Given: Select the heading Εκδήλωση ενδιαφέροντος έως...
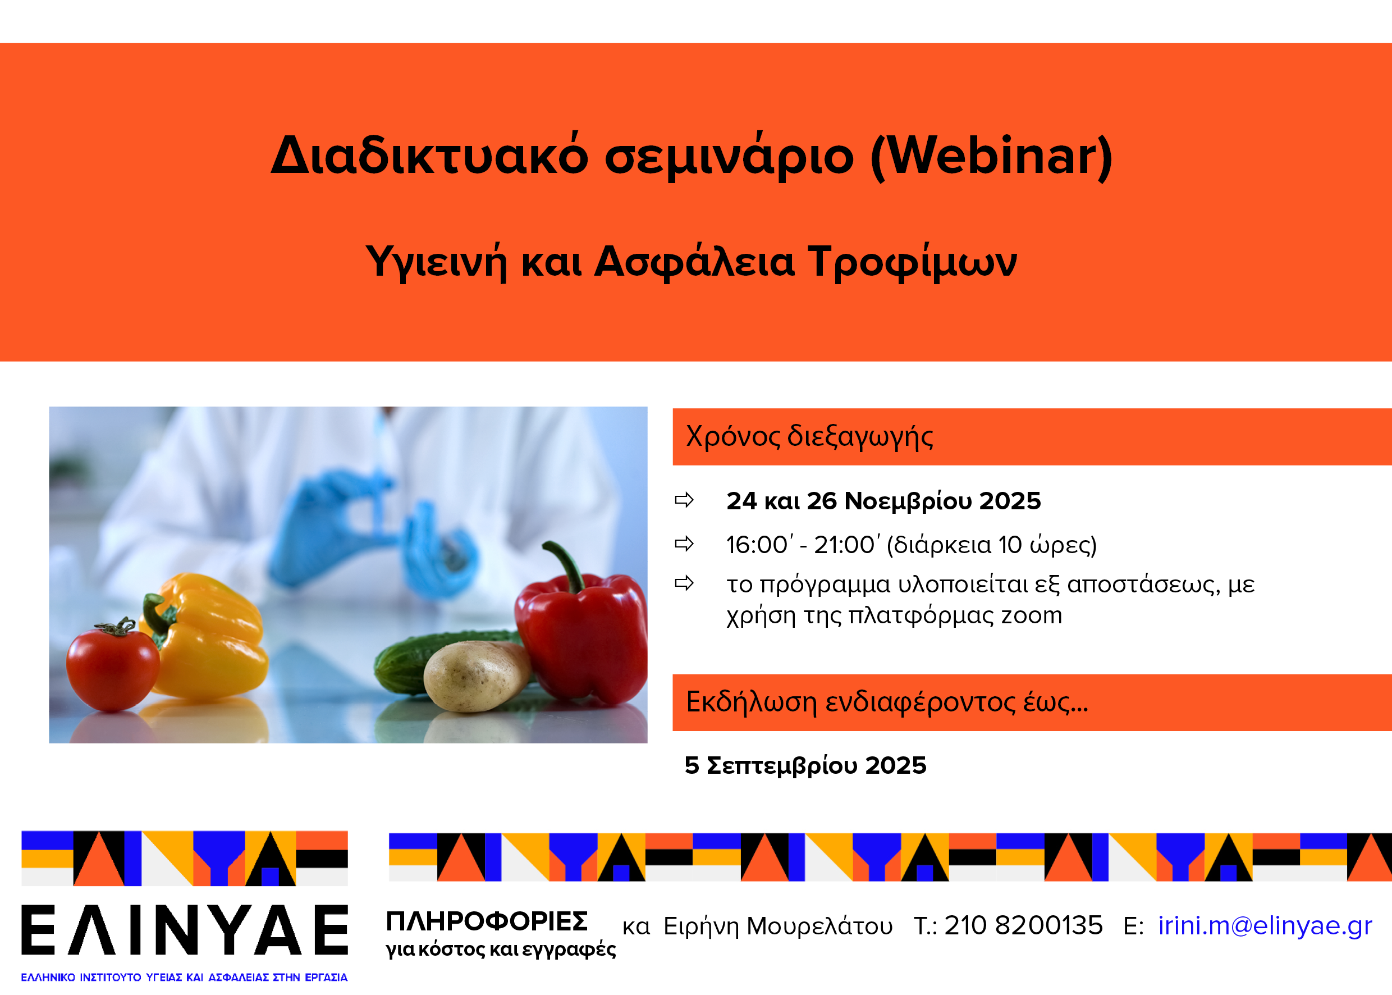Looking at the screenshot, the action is [x=887, y=702].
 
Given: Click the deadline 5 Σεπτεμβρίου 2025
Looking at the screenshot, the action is [x=805, y=766].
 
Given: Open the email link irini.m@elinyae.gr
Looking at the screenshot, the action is [x=1265, y=926].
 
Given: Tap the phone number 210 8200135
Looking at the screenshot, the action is [x=1023, y=925].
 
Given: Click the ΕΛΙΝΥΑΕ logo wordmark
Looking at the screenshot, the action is [x=185, y=930].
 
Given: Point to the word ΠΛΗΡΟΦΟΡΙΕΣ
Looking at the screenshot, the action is [x=487, y=921].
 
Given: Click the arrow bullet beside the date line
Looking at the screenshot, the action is [x=684, y=500].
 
